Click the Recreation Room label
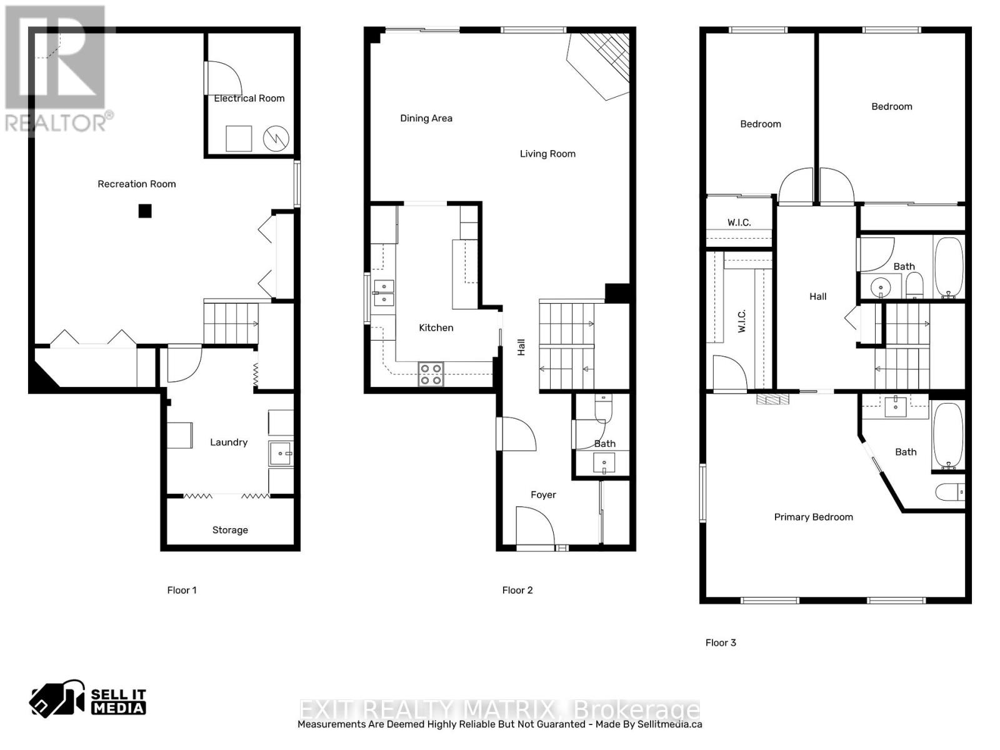point(136,184)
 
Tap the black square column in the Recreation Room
point(145,211)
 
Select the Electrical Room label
point(249,98)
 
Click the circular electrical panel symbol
point(276,139)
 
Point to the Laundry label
point(229,442)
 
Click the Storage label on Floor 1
point(230,530)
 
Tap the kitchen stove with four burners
point(431,374)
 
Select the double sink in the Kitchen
point(384,292)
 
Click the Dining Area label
point(426,118)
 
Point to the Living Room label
point(547,154)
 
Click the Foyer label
point(543,494)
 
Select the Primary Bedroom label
point(813,517)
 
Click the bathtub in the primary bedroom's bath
point(948,436)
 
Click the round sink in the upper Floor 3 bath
point(881,288)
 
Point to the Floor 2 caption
point(517,590)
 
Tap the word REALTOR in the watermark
point(56,122)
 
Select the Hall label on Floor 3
point(817,297)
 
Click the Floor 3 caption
point(721,642)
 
